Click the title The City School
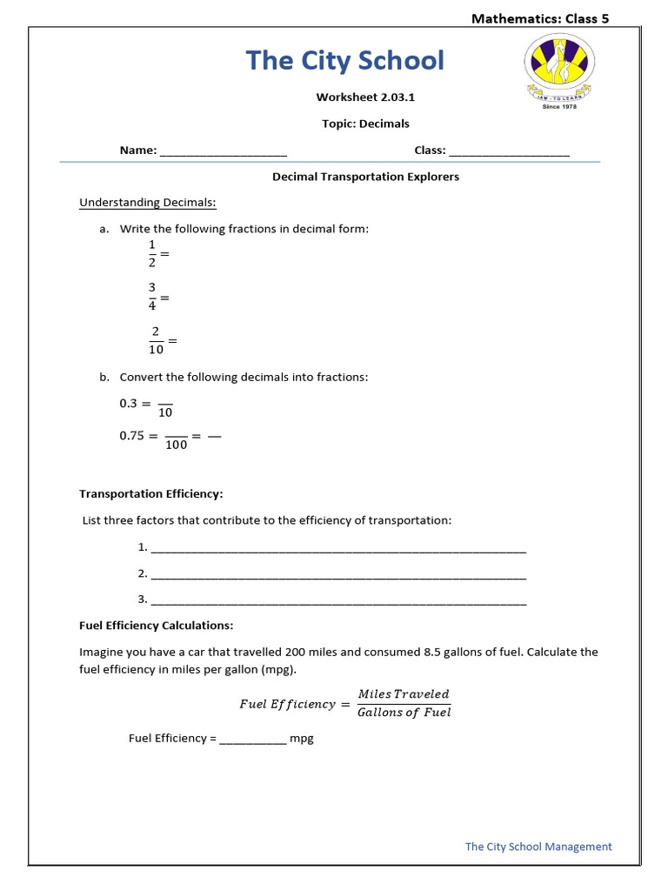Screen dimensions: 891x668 pyautogui.click(x=344, y=61)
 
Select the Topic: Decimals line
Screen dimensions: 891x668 pyautogui.click(x=365, y=124)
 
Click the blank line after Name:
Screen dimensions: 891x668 pyautogui.click(x=224, y=151)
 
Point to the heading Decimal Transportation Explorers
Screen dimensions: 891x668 pyautogui.click(x=365, y=177)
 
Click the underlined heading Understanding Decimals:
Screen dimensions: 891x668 pyautogui.click(x=148, y=203)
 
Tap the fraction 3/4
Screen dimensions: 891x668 pyautogui.click(x=151, y=297)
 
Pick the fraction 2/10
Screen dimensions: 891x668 pyautogui.click(x=156, y=340)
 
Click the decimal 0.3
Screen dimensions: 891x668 pyautogui.click(x=128, y=404)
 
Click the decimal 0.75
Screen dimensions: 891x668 pyautogui.click(x=131, y=436)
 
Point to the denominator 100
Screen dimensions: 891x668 pyautogui.click(x=177, y=445)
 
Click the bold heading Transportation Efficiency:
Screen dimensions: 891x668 pyautogui.click(x=151, y=493)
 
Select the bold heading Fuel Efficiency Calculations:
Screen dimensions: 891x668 pyautogui.click(x=156, y=626)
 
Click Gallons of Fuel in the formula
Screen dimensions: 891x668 pyautogui.click(x=404, y=713)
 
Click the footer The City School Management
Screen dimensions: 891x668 pyautogui.click(x=538, y=847)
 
